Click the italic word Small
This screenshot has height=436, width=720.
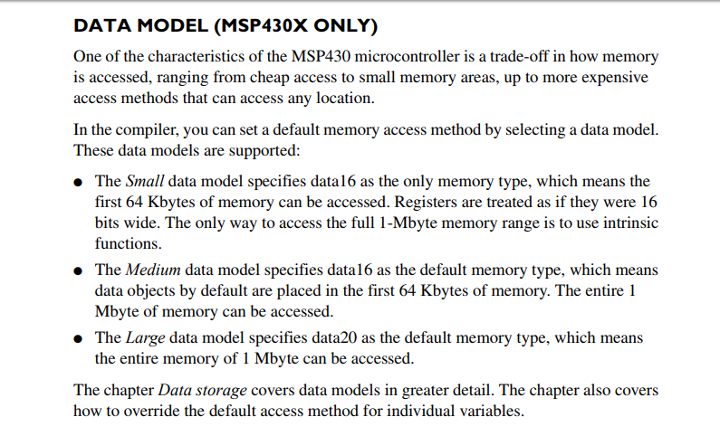144,181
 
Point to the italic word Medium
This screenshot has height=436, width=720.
151,270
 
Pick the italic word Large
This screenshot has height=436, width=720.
144,337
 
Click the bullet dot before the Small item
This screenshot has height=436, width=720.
81,182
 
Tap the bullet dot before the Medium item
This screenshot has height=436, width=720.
81,270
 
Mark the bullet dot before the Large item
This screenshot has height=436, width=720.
81,338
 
